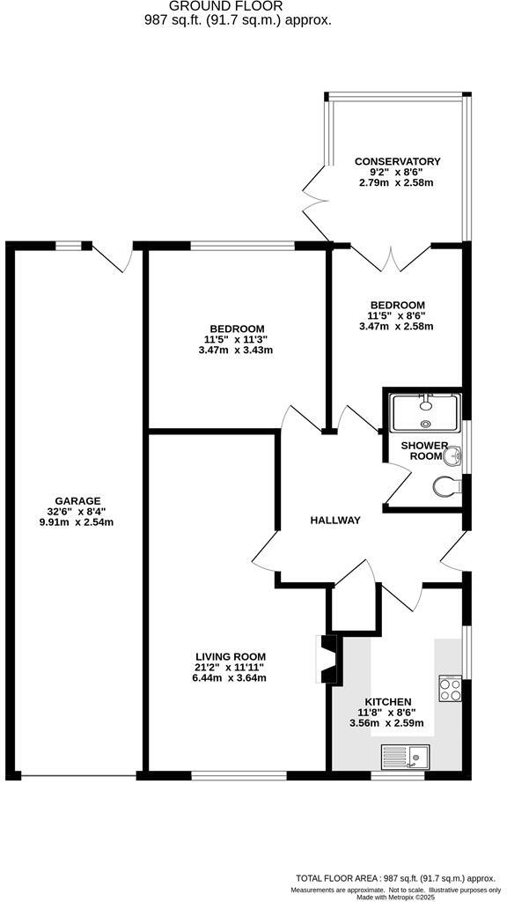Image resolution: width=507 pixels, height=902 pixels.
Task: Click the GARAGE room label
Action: (77, 500)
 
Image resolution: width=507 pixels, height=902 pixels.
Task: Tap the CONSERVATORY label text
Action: (397, 161)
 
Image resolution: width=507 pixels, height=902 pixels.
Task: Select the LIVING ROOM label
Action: (230, 656)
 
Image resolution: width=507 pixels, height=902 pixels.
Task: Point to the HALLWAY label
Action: (335, 521)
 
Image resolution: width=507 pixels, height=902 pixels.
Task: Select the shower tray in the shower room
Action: (425, 411)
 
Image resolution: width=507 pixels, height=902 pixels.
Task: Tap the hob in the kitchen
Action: (450, 688)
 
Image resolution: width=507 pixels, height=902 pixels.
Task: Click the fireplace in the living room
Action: (327, 660)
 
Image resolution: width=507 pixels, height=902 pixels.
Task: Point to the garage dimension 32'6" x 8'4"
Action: (77, 511)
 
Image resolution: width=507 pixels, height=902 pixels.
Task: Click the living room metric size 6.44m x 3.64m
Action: (230, 677)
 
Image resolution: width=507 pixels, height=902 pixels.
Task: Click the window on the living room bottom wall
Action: (239, 776)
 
